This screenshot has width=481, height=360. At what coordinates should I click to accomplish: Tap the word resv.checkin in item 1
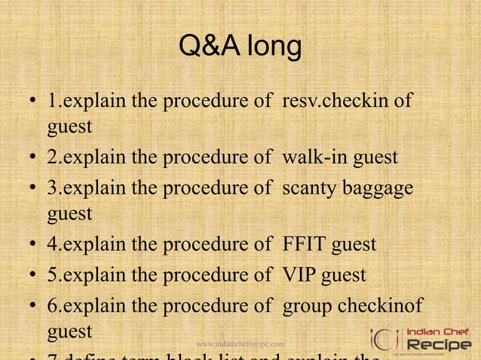click(347, 101)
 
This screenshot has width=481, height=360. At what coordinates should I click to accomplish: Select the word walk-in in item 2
click(311, 157)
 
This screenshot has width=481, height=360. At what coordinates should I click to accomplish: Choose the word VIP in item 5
click(300, 274)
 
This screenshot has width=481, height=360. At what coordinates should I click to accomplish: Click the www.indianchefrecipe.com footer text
click(240, 343)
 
